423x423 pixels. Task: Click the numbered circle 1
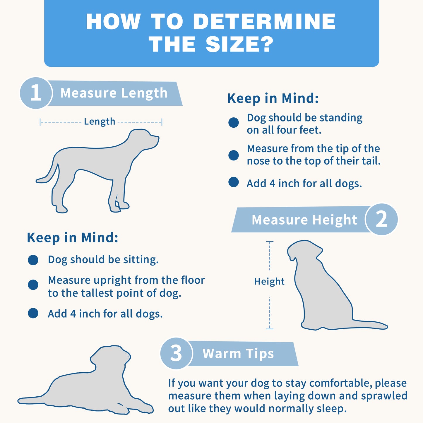coord(36,93)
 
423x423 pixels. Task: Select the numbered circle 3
coord(176,353)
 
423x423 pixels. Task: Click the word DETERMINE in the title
coord(264,21)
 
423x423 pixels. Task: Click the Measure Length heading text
coord(114,93)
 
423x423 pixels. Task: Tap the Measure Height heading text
coord(304,220)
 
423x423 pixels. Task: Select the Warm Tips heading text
coord(238,354)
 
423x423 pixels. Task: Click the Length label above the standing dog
coord(100,121)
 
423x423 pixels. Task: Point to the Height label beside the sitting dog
coord(269,281)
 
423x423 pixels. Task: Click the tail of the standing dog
coord(49,176)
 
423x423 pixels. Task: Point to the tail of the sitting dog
coord(369,324)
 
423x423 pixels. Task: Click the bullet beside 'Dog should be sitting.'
coord(33,260)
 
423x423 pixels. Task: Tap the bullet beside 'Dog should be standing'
coord(234,122)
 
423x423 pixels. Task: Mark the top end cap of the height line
coord(270,242)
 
